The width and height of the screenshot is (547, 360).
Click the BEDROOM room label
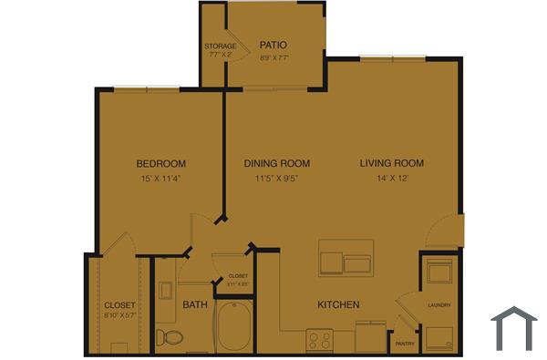(x=161, y=164)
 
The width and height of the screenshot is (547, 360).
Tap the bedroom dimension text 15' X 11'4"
(x=161, y=179)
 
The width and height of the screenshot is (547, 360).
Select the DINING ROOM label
(x=277, y=164)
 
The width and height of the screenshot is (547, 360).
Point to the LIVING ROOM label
(x=392, y=164)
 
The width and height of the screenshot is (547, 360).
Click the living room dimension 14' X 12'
(x=392, y=179)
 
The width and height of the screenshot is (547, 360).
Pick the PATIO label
(x=273, y=45)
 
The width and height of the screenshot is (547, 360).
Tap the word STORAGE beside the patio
(x=221, y=46)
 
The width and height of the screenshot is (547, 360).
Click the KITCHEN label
(x=338, y=304)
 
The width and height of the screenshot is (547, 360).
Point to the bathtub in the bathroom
(x=235, y=329)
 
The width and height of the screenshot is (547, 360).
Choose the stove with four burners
(x=320, y=340)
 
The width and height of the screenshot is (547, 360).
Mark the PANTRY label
(x=405, y=344)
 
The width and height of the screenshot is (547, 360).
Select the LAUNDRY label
(x=439, y=304)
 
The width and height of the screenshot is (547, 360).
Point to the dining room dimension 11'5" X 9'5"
(x=277, y=179)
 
